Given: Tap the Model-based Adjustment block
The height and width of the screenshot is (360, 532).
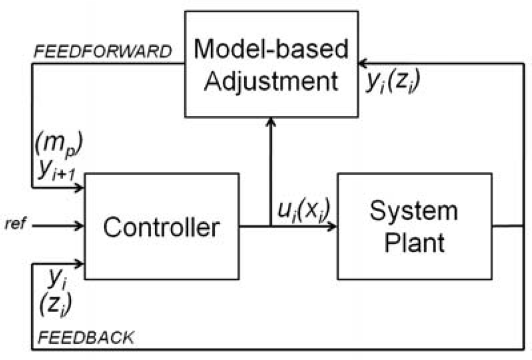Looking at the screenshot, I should tap(271, 64).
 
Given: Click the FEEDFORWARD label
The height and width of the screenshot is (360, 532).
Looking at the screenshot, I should tap(102, 52).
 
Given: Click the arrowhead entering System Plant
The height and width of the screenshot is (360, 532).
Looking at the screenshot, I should tap(332, 226).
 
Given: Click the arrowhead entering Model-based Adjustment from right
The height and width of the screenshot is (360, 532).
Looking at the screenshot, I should tap(362, 63).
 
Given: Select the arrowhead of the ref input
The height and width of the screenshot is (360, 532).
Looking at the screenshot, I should tap(80, 226).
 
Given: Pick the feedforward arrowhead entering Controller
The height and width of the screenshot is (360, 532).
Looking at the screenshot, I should tap(80, 188).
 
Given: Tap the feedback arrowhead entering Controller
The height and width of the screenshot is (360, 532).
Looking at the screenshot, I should tap(80, 263).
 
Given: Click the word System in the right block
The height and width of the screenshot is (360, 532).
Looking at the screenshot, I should tap(414, 211).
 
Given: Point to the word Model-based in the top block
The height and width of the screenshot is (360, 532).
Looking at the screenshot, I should tap(271, 49).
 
